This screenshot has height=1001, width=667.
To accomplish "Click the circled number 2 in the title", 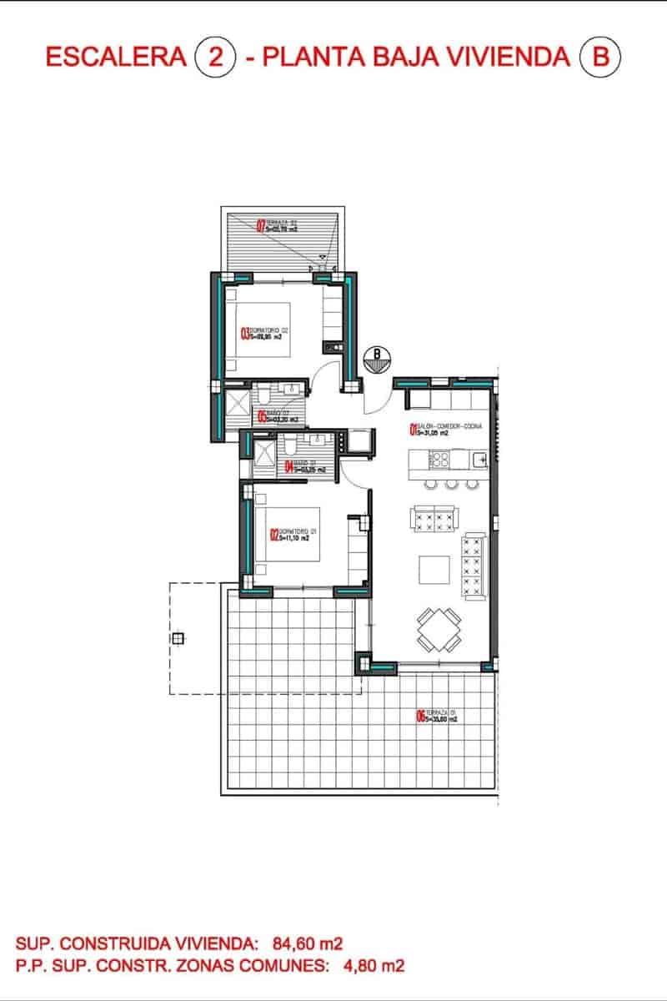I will click(x=215, y=57).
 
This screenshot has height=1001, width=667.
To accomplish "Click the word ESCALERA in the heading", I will click(x=115, y=57).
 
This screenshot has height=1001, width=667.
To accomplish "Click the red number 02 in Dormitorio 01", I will click(x=273, y=534).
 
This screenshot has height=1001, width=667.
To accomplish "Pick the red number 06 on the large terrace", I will click(x=420, y=715).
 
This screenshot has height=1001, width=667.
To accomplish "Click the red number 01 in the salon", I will click(x=412, y=430).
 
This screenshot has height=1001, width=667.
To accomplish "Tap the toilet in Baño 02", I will click(x=262, y=393).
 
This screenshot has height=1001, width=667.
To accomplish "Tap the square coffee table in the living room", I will click(x=434, y=571).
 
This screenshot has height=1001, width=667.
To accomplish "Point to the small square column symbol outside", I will click(x=178, y=639).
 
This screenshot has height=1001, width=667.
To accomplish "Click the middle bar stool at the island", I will click(x=452, y=484).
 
